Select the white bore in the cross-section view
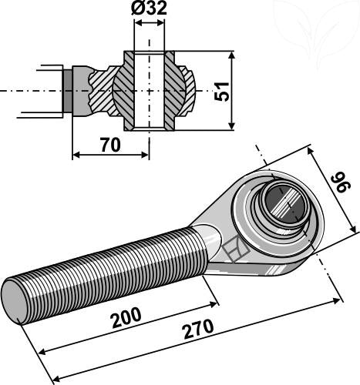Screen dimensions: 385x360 [x=150, y=91]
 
